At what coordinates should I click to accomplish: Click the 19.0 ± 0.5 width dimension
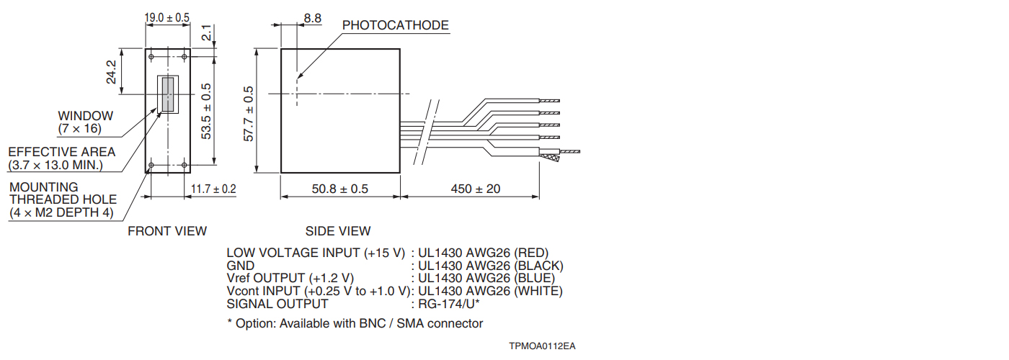166,17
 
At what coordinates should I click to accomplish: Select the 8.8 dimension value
313,18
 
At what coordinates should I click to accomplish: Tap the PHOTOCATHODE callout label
396,25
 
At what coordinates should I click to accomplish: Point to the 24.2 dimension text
111,72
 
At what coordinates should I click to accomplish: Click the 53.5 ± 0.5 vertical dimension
206,111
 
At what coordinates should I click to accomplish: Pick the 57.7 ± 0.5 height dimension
249,114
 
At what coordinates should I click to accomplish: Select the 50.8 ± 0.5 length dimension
340,189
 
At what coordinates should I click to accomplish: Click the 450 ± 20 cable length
476,189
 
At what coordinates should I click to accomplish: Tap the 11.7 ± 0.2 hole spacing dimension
213,189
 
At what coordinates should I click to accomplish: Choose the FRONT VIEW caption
167,231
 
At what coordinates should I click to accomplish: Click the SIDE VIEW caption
338,231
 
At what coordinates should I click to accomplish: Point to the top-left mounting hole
151,57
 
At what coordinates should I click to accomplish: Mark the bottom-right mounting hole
185,165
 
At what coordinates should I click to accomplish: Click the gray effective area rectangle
168,94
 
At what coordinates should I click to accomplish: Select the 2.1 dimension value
206,33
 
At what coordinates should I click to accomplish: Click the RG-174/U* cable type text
448,304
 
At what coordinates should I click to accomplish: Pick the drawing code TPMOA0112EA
542,346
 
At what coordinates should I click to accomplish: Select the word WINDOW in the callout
86,116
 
